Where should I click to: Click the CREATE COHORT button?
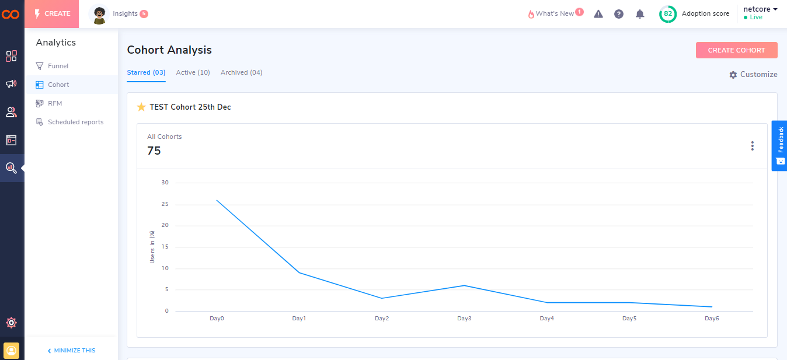tap(736, 50)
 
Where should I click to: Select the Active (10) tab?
tap(193, 72)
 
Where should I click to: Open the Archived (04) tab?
tap(241, 72)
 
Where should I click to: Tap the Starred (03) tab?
tap(146, 72)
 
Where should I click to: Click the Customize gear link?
tap(753, 75)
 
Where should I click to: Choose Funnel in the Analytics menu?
tap(58, 66)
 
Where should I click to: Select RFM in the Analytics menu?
tap(55, 103)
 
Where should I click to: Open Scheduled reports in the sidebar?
tap(75, 122)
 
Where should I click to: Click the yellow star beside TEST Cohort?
tap(141, 107)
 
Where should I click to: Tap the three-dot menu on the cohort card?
tap(752, 146)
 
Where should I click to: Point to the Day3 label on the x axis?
tap(464, 319)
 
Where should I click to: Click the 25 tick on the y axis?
tap(165, 204)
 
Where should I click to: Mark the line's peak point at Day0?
tap(217, 200)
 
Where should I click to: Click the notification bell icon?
tap(640, 14)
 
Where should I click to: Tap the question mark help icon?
tap(619, 14)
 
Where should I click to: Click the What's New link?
tap(555, 14)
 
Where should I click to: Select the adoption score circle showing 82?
tap(668, 14)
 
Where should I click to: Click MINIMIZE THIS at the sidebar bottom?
tap(71, 351)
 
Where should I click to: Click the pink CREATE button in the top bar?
tap(51, 14)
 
